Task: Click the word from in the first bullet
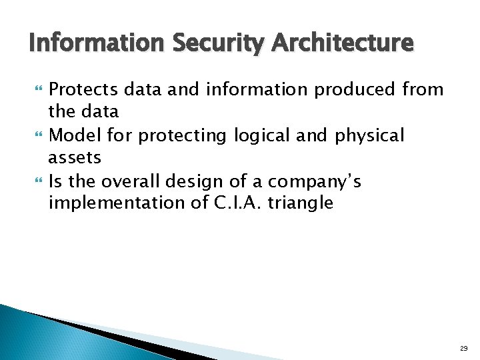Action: (424, 89)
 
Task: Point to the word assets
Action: (75, 158)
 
